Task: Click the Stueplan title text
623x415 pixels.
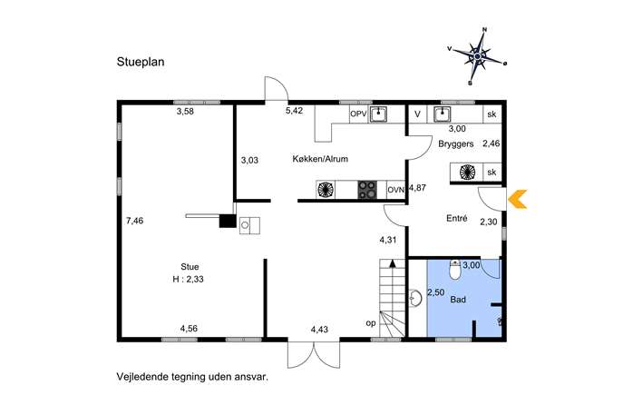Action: pos(141,62)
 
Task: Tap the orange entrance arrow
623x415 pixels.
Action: pos(517,199)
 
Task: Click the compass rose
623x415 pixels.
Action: pos(478,57)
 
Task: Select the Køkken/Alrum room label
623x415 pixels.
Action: pos(320,159)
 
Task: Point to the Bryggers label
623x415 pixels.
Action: pos(456,143)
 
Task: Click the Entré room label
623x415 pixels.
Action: pos(457,218)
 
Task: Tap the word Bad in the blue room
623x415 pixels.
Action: pos(458,299)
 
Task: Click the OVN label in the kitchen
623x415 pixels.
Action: pos(395,190)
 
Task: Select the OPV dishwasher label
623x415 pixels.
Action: pos(358,114)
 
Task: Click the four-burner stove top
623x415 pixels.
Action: pos(367,190)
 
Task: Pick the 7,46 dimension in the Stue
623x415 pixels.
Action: pos(135,221)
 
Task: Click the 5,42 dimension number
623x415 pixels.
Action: pos(294,111)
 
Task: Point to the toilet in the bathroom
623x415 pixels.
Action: pos(455,270)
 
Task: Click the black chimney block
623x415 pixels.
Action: pos(228,221)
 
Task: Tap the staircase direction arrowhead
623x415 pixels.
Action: pos(393,262)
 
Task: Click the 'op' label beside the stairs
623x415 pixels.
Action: pos(370,323)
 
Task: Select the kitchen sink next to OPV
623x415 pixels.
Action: pos(378,114)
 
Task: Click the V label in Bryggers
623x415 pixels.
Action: pos(417,114)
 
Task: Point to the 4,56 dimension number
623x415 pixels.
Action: pos(189,328)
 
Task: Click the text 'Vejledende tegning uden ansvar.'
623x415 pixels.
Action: pos(192,376)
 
